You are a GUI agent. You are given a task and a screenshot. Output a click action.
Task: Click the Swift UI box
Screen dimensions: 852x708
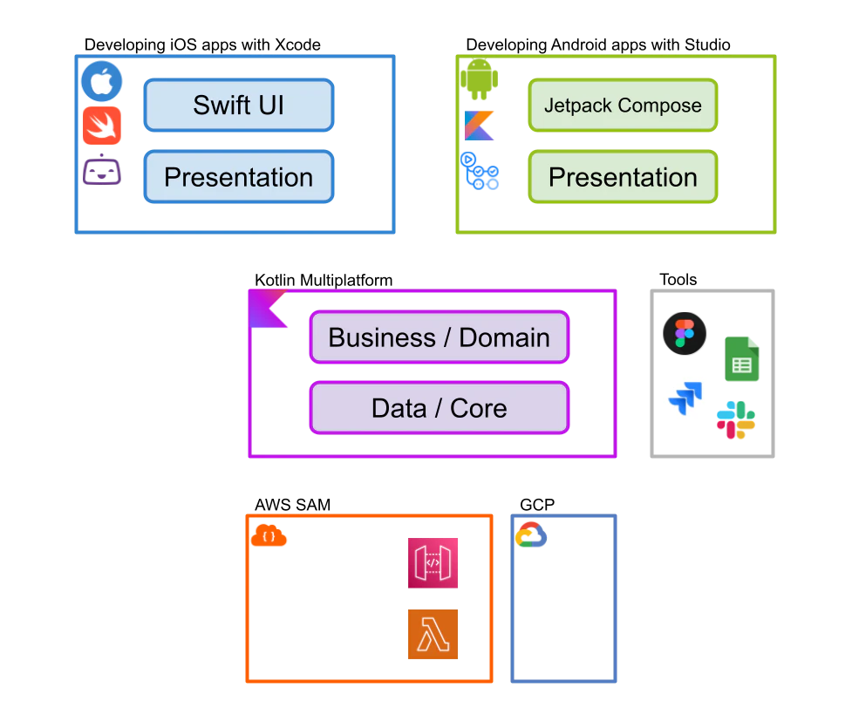pos(239,105)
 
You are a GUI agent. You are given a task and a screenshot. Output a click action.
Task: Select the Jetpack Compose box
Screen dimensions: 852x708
pos(623,105)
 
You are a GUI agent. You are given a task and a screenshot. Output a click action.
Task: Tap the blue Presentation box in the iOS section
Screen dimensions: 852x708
pos(239,177)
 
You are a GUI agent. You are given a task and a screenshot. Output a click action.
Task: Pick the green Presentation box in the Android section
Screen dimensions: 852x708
pos(623,177)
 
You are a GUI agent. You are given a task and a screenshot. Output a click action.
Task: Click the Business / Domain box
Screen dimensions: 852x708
pos(439,337)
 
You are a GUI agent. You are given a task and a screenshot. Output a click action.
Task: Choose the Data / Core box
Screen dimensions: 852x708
pos(439,407)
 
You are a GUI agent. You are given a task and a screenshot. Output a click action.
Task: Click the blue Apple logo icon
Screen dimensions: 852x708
pos(102,81)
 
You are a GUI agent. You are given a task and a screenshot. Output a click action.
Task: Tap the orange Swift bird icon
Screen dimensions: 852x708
pos(102,126)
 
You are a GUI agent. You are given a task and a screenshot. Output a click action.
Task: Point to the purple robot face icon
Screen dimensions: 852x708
pos(102,170)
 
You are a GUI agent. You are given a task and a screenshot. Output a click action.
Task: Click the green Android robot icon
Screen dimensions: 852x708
pos(480,79)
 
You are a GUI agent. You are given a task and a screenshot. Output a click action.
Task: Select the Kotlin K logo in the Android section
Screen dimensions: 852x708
pos(480,126)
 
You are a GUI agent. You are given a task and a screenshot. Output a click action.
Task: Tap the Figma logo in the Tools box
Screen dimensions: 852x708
pos(685,333)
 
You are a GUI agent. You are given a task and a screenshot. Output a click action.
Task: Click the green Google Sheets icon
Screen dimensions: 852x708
pos(742,358)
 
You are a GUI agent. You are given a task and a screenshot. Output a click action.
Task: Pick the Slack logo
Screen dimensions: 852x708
pos(736,420)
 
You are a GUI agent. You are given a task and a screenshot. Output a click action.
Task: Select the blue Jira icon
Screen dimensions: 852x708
pos(685,398)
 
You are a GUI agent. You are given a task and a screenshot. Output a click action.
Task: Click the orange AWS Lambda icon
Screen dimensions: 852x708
pos(433,634)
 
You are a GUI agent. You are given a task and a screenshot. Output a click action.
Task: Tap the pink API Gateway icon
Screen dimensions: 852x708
pos(433,563)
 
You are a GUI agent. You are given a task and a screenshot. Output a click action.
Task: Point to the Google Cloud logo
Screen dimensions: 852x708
pos(531,534)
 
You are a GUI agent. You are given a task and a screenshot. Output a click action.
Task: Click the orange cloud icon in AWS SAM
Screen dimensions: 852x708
pos(269,535)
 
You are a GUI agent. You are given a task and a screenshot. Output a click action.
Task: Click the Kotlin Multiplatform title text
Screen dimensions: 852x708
pos(324,280)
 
